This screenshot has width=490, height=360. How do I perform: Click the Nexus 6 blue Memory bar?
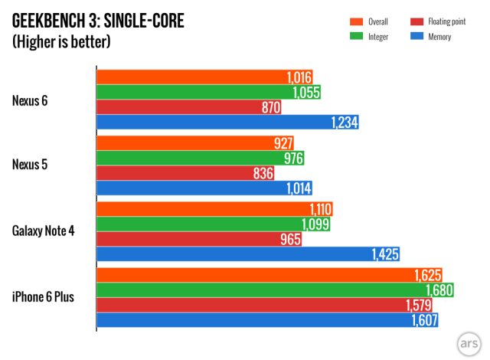(x=227, y=123)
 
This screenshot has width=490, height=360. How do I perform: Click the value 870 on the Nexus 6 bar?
(x=270, y=108)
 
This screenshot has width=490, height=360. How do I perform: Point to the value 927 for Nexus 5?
(x=283, y=144)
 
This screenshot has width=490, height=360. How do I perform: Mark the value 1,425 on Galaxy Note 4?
(x=386, y=254)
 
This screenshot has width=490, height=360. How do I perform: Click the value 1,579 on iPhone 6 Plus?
(x=422, y=306)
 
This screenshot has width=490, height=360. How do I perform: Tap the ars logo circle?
(x=469, y=342)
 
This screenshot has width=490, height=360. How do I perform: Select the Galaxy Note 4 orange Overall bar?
(x=214, y=210)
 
